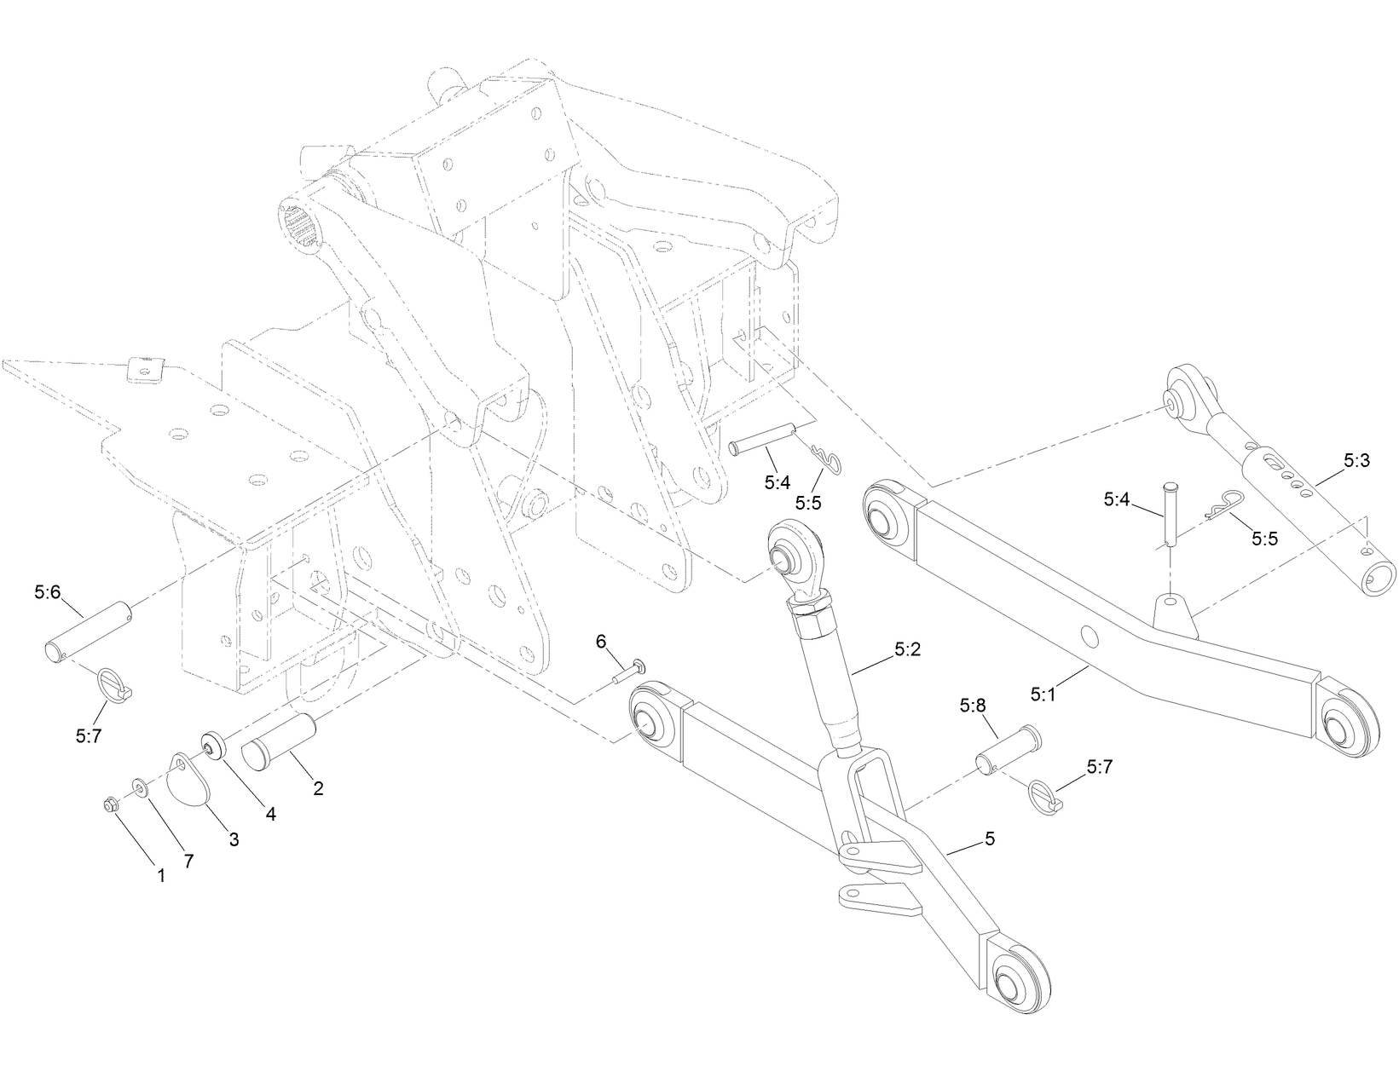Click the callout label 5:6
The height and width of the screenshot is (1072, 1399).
(x=48, y=591)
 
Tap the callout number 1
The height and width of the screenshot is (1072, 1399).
(x=161, y=874)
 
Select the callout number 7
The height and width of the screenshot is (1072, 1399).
(x=188, y=861)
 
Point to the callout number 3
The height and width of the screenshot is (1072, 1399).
(x=233, y=839)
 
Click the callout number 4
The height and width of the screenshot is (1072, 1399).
(x=270, y=814)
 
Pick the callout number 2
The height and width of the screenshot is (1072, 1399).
(x=318, y=788)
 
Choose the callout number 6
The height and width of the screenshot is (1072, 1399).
(x=601, y=640)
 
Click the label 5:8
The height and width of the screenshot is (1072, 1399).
(x=972, y=706)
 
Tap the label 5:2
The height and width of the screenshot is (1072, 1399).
(x=908, y=649)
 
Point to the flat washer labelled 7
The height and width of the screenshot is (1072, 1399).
(x=139, y=785)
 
